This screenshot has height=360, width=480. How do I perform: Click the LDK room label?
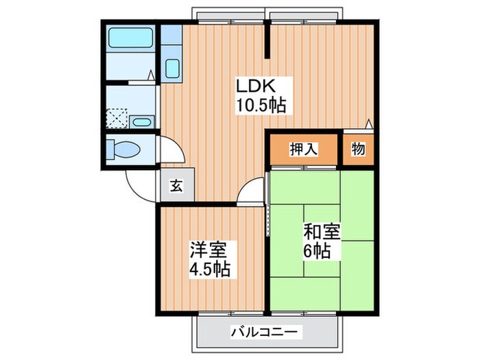click(255, 87)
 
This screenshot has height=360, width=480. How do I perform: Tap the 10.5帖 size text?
click(262, 106)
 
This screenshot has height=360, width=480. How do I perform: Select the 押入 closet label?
click(303, 150)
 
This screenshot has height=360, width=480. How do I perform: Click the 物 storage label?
click(358, 150)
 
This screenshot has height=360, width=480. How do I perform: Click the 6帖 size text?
click(317, 251)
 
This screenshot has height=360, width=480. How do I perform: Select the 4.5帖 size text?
click(209, 267)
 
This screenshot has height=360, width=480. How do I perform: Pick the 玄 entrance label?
click(176, 186)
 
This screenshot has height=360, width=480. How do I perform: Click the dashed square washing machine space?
click(117, 118)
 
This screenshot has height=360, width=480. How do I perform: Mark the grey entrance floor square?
click(176, 185)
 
